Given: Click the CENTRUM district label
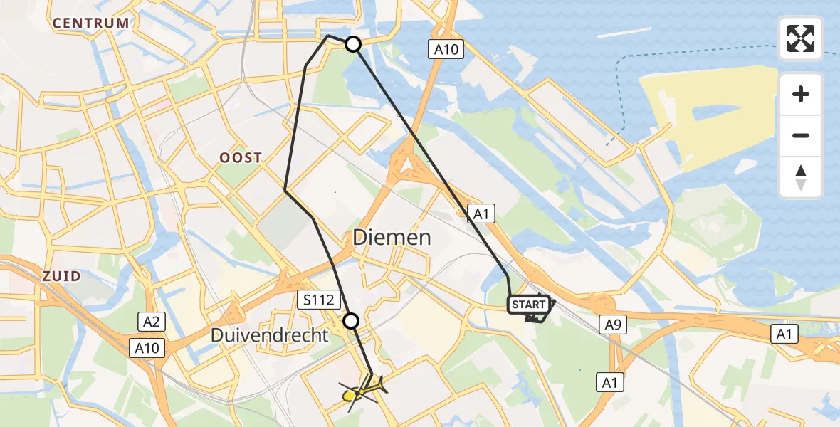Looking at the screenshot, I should (x=92, y=23).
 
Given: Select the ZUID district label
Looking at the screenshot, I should (x=61, y=275).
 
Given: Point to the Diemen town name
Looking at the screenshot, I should (x=392, y=238).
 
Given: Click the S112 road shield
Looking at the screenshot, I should (x=319, y=300).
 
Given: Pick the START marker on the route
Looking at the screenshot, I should (x=529, y=305).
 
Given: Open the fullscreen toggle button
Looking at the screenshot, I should (x=801, y=38).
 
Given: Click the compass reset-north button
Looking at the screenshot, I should (x=801, y=177).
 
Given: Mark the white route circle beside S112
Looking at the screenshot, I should (x=351, y=321).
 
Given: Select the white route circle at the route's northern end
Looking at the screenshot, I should (x=352, y=45).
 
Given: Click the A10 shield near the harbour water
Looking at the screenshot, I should (x=447, y=49).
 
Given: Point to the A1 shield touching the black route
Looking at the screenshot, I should (x=481, y=212).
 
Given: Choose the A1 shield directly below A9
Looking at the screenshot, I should (x=610, y=383).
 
